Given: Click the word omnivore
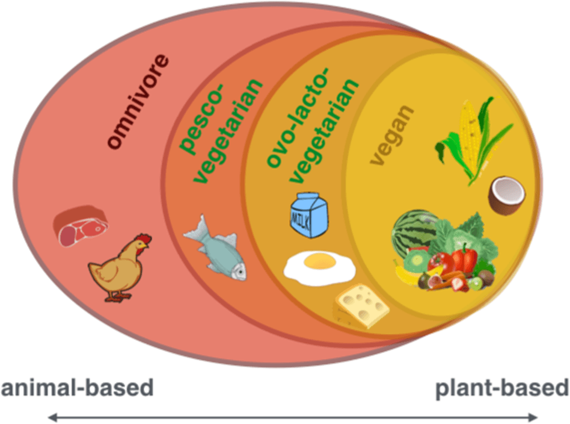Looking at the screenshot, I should click(138, 102).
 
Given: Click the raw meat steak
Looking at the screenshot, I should click(81, 227).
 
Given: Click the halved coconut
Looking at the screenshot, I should click(504, 195).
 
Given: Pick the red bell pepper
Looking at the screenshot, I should click(464, 257).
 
